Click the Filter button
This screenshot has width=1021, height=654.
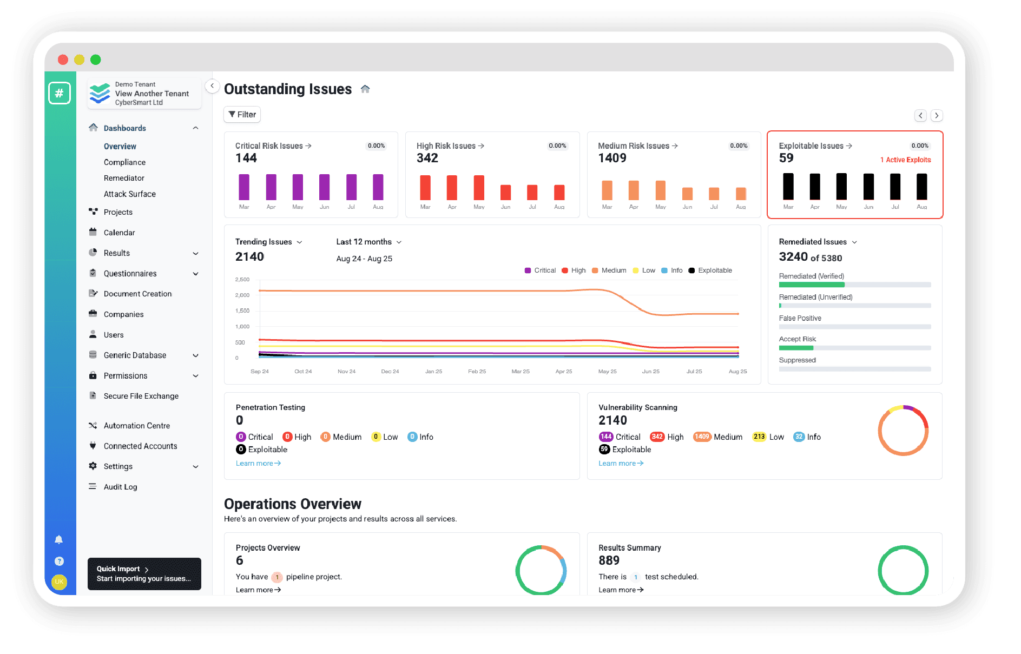[242, 115]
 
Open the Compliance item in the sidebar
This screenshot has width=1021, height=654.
[124, 162]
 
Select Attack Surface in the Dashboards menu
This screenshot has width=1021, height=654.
[129, 194]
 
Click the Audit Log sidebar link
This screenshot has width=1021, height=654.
[120, 487]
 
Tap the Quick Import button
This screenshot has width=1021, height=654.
[144, 573]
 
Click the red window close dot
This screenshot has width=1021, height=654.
[63, 60]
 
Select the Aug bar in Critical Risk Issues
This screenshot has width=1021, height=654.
[378, 187]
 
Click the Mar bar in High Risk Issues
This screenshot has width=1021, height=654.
[425, 188]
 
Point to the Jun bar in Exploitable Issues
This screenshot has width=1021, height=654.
[868, 187]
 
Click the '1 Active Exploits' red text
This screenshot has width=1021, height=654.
[905, 160]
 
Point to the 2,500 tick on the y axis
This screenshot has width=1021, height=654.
[242, 280]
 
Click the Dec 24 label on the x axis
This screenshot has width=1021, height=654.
[390, 372]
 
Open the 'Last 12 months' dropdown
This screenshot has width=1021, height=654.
[368, 242]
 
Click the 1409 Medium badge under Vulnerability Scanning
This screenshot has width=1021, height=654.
[702, 437]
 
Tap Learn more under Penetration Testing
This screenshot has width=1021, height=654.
[258, 464]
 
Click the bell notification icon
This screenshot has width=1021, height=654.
[59, 539]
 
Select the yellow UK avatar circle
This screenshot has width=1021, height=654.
[59, 582]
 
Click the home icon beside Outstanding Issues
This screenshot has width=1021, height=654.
[365, 89]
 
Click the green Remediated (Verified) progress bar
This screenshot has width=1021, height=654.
[812, 285]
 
